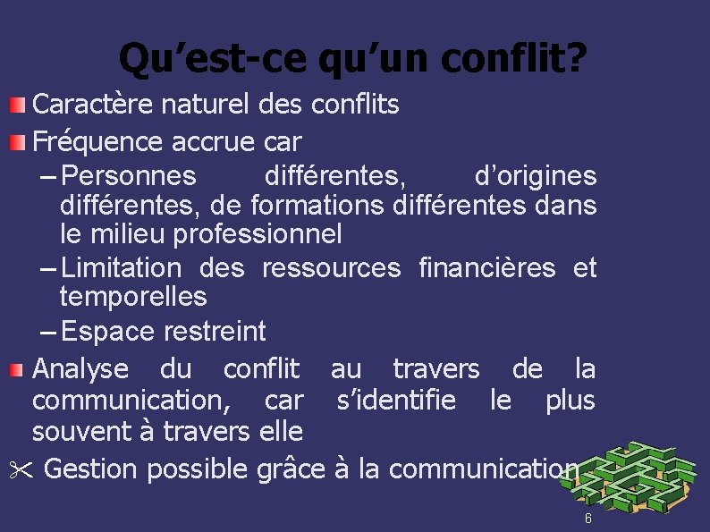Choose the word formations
[x=317, y=206]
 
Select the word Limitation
[x=123, y=267]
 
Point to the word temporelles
[x=133, y=296]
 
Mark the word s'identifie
[x=395, y=400]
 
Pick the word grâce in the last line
[x=287, y=469]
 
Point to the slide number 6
[x=587, y=519]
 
